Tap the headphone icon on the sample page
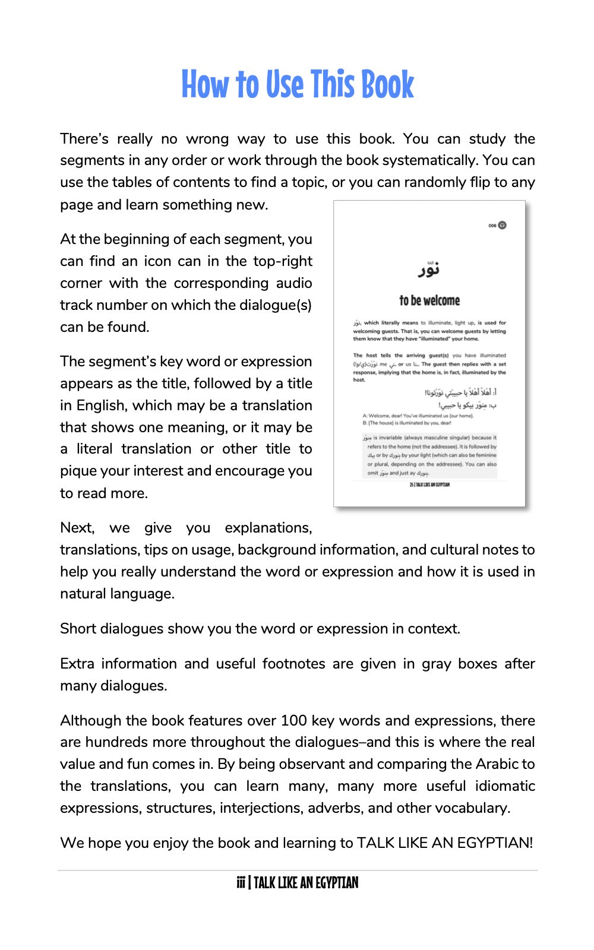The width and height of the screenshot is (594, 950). pos(503,225)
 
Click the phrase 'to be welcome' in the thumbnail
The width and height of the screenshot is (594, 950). pos(429,300)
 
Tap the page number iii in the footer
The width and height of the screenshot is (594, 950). pos(241,883)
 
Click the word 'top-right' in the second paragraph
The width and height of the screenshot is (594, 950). pos(283,261)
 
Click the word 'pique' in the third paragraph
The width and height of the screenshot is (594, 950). pos(76,471)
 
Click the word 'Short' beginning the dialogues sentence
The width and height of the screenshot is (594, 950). pos(78,628)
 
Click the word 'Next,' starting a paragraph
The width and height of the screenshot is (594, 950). pos(77,527)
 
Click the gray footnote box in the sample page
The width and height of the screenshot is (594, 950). pos(429,455)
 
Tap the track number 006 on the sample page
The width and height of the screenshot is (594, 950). pos(492,226)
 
